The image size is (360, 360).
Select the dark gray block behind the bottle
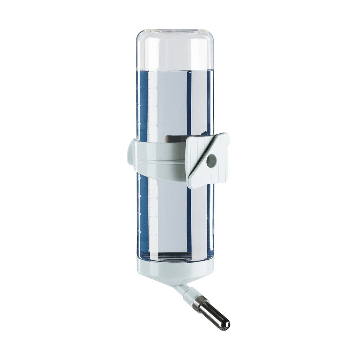[x=175, y=138]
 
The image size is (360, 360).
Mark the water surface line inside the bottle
[x=175, y=70]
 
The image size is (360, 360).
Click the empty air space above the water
[x=175, y=50]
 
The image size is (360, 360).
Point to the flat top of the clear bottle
[x=175, y=30]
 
